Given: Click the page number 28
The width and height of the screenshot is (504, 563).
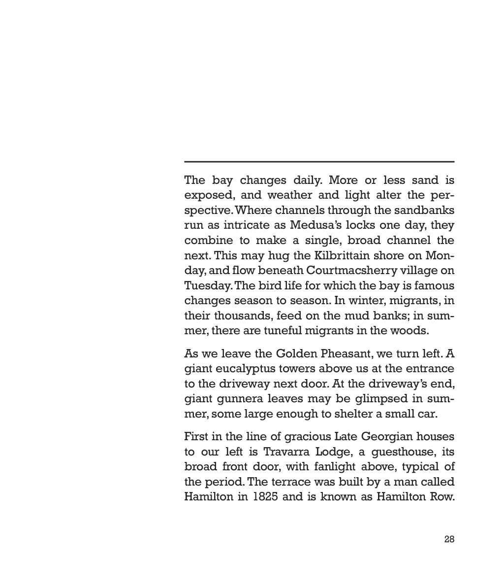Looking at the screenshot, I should [449, 539].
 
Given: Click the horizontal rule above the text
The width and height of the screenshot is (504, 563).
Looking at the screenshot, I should [319, 161].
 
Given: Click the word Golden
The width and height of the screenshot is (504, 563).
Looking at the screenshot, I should [295, 353].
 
